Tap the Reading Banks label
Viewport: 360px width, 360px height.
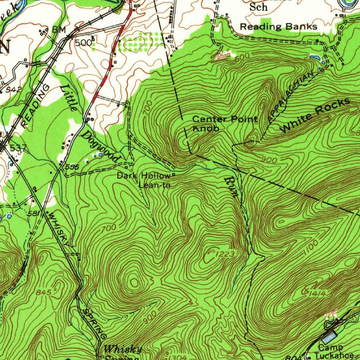(278, 27)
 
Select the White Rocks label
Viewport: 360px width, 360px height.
(315, 115)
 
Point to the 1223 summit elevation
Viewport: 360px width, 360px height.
(225, 254)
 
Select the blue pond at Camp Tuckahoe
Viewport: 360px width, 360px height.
(329, 338)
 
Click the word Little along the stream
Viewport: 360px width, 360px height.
(69, 98)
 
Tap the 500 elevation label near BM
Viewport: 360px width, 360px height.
(83, 43)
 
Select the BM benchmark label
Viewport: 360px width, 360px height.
(59, 30)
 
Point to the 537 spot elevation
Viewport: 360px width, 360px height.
(15, 148)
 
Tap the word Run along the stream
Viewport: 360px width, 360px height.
(231, 187)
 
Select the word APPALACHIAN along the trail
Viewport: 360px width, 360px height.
(290, 97)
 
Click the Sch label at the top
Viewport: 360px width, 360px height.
(258, 7)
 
